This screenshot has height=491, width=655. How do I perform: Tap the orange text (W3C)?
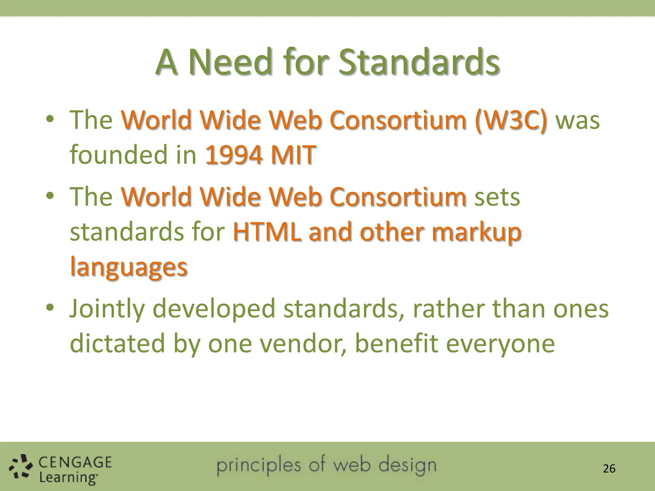pos(511,120)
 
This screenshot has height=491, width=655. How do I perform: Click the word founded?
pos(118,155)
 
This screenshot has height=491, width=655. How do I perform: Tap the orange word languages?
pos(129,267)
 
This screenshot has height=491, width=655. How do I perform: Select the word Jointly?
pos(107,309)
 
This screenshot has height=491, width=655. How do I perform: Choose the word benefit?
pos(397,343)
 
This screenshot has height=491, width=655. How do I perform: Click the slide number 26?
pos(609,469)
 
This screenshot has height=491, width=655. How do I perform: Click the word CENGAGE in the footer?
pos(75,462)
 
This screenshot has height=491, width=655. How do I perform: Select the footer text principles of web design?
pos(326,465)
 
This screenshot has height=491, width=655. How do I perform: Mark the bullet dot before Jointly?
pos(50,308)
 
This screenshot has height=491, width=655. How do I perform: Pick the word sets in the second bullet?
pos(497,197)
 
